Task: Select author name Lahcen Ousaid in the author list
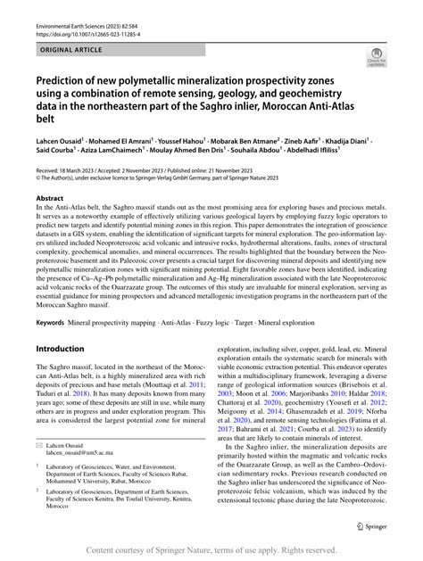point(60,141)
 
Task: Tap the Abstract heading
point(50,197)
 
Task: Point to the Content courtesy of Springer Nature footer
point(211,551)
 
